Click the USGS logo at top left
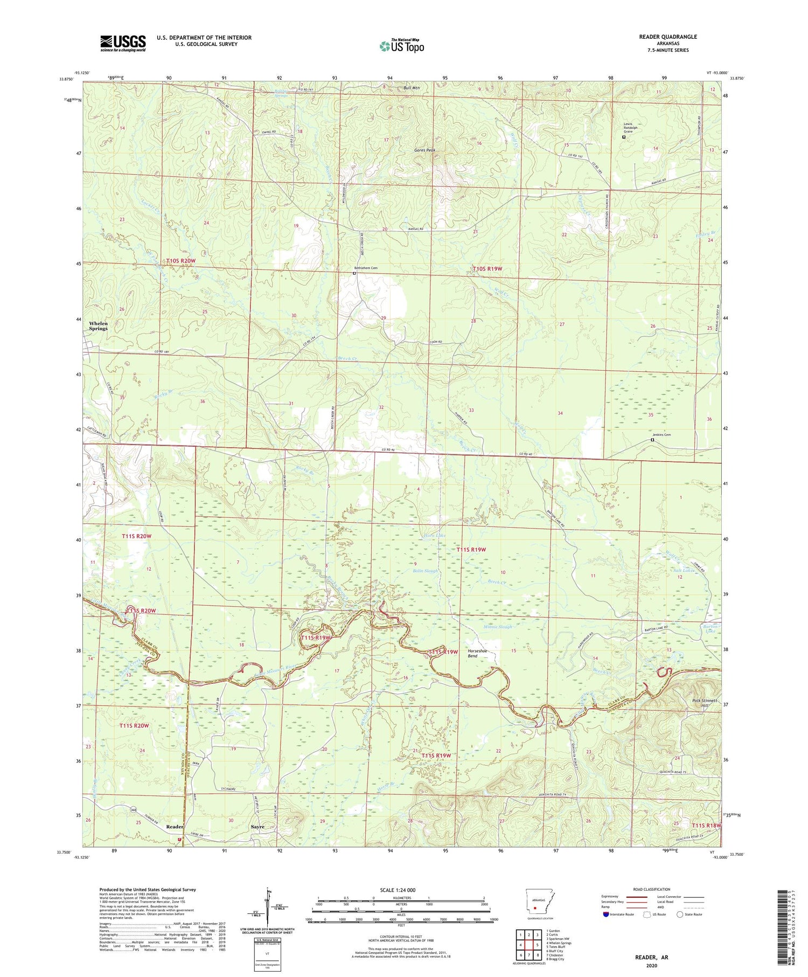coord(123,43)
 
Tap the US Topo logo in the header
coord(401,46)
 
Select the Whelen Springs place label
coord(98,326)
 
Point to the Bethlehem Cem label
coord(366,268)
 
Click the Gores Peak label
coord(424,150)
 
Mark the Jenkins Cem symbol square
coord(652,440)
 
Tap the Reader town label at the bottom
coord(175,827)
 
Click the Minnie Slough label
coord(498,627)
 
